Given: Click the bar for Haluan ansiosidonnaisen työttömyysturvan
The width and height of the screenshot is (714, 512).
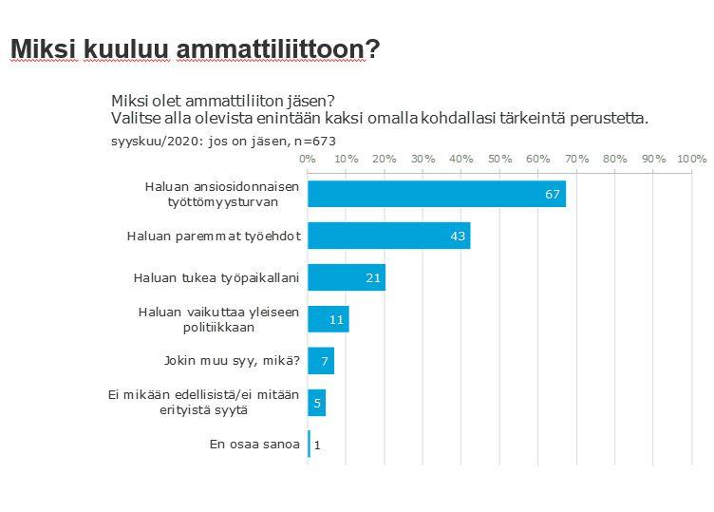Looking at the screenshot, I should click(x=437, y=194).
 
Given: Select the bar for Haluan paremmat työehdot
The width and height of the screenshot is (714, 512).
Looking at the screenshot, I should click(x=389, y=236).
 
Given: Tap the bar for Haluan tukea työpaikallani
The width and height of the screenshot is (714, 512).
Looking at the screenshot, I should click(x=347, y=277).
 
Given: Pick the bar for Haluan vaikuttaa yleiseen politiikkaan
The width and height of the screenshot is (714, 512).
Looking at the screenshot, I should click(x=329, y=319).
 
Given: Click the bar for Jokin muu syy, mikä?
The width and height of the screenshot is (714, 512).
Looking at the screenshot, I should click(x=321, y=361).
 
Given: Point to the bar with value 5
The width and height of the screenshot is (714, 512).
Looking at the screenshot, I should click(x=317, y=402).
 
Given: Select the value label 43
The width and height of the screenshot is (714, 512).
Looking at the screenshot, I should click(x=458, y=236).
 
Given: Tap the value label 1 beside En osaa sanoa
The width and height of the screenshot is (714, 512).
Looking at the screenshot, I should click(x=316, y=445).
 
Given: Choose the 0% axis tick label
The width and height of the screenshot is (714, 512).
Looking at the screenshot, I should click(x=308, y=158).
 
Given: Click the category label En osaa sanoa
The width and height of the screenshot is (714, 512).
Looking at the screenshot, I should click(x=254, y=445).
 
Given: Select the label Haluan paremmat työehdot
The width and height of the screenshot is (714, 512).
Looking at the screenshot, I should click(x=214, y=236).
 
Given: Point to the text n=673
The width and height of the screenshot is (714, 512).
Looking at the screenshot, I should click(x=314, y=141).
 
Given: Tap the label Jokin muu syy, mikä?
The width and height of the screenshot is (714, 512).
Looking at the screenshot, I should click(x=233, y=361).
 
